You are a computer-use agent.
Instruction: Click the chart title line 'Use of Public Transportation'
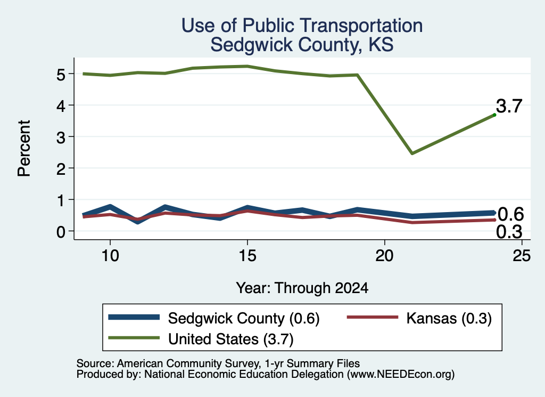pos(302,26)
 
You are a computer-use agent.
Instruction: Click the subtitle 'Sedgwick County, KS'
pos(302,45)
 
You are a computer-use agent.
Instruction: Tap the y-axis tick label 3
pos(61,137)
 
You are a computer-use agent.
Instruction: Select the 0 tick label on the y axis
pos(61,231)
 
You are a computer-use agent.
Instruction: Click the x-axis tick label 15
pos(247,256)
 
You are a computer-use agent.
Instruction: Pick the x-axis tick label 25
pos(522,256)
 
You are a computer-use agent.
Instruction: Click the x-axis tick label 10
pos(110,256)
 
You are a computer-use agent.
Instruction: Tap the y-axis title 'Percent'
pos(24,148)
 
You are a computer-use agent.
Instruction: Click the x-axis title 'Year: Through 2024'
pos(302,288)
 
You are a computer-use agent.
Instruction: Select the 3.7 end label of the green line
pos(509,106)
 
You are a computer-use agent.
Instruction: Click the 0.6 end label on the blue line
pos(510,214)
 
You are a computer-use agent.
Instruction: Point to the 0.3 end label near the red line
pos(509,232)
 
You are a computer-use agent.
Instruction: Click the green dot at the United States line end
pos(494,115)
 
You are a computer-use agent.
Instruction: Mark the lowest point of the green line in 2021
pos(412,153)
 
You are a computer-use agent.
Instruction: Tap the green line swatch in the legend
pos(134,338)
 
